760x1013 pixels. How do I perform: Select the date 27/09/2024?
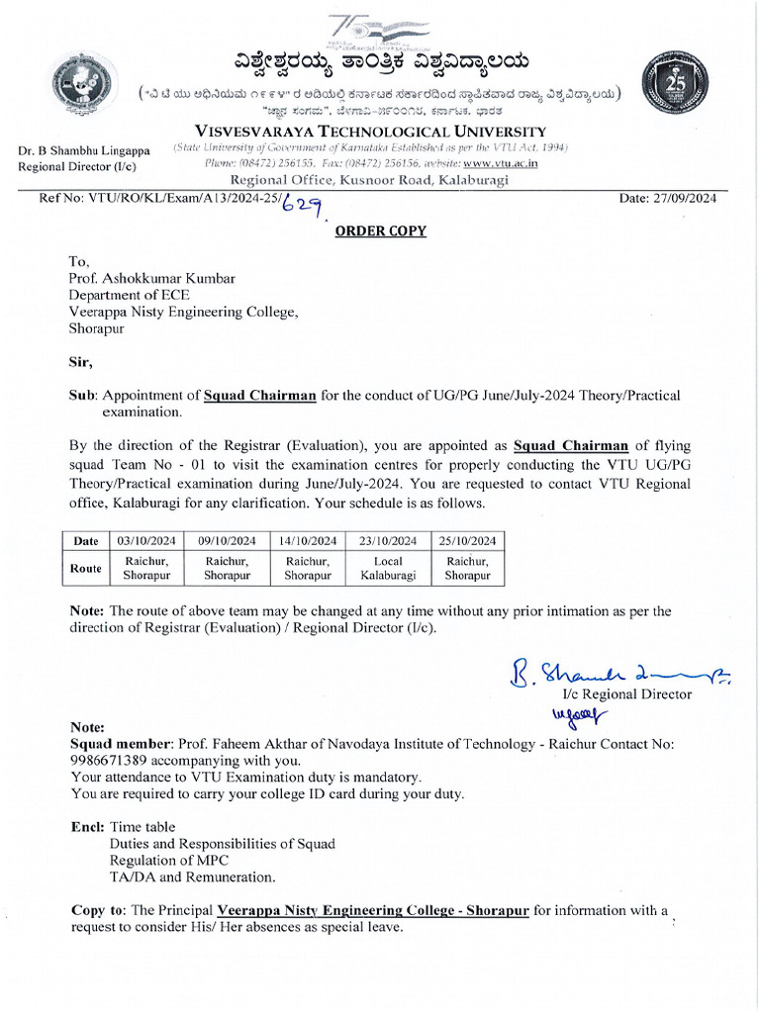click(x=668, y=199)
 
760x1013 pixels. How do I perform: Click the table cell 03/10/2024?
click(x=145, y=540)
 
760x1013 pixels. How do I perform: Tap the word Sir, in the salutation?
click(x=78, y=361)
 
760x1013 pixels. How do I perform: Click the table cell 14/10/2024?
click(x=308, y=540)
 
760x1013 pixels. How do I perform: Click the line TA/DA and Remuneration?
click(x=192, y=877)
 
